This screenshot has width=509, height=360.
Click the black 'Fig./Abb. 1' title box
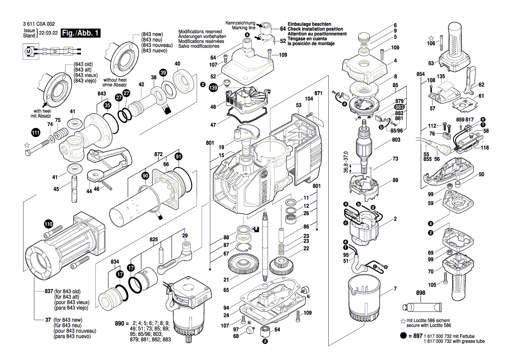click(x=81, y=33)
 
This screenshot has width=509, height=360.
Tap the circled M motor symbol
click(x=29, y=51)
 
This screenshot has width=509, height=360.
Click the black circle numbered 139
click(x=213, y=88)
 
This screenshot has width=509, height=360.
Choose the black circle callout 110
click(x=48, y=224)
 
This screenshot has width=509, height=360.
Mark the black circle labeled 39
click(x=163, y=72)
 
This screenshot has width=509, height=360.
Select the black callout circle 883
click(x=399, y=107)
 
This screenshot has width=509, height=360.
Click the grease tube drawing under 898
click(x=422, y=309)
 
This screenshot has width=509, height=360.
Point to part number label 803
click(x=395, y=140)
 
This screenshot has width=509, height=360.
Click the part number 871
click(x=318, y=94)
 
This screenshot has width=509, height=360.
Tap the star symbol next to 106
click(x=431, y=38)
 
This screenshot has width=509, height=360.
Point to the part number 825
click(x=154, y=240)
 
